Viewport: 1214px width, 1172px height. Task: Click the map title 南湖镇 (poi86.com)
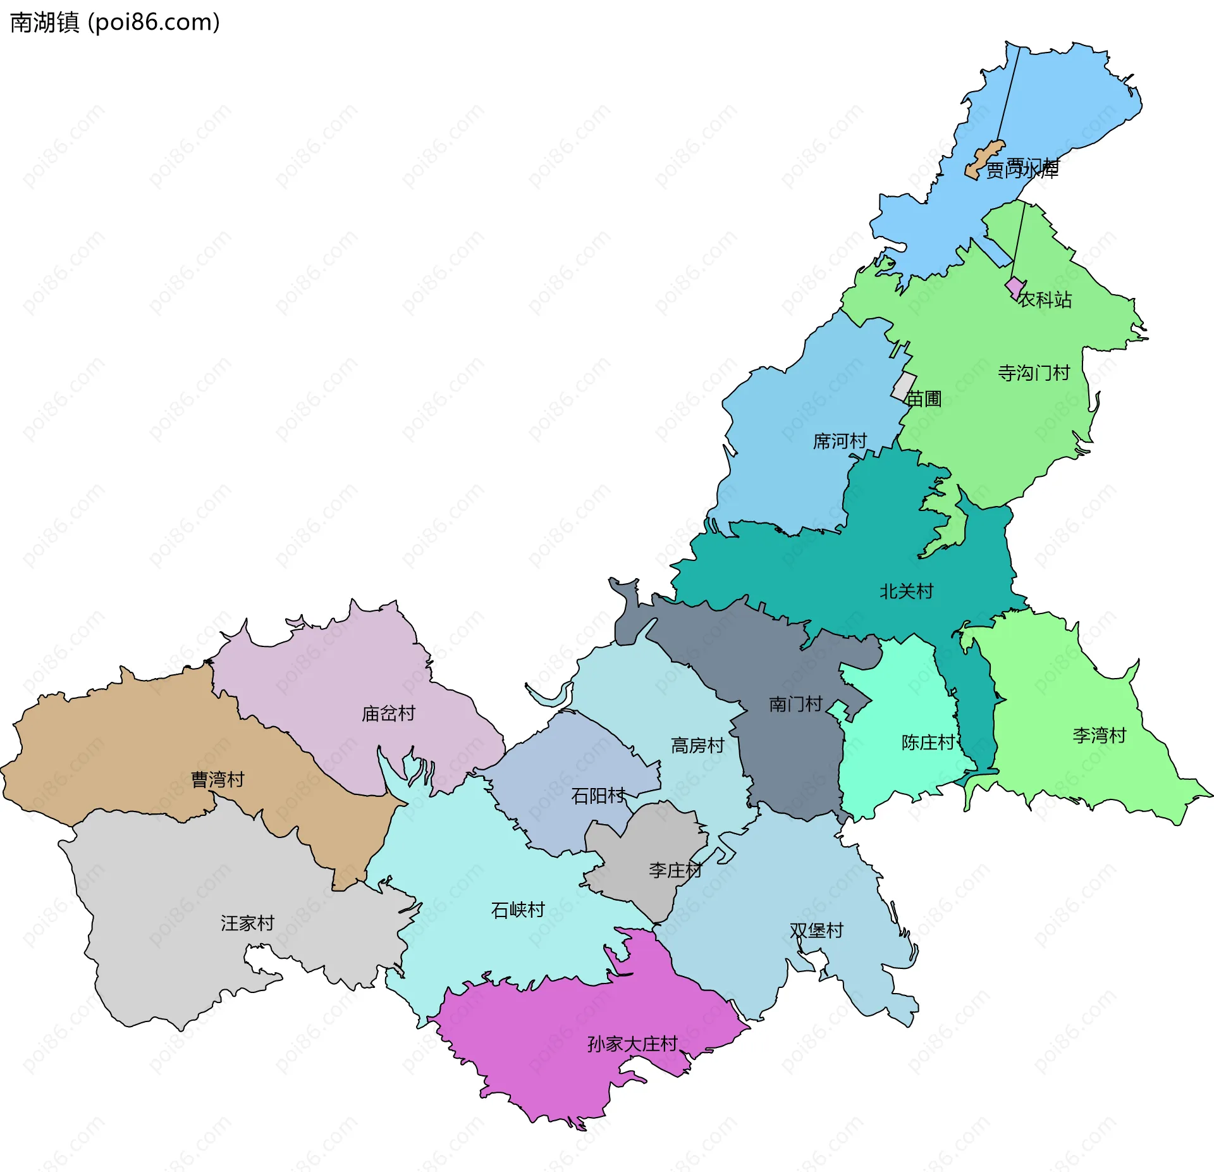(115, 23)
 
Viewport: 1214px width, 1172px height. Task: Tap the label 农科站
(1045, 300)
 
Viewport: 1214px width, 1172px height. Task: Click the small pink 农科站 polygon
(1014, 287)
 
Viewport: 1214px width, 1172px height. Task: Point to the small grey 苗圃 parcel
(904, 386)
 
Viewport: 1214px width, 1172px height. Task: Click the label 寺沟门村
(1034, 373)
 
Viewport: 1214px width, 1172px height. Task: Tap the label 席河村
(840, 441)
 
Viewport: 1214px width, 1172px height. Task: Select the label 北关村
(906, 591)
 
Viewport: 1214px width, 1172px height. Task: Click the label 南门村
(795, 704)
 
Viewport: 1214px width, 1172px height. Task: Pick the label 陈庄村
(928, 742)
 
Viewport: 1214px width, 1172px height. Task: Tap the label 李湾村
(1100, 735)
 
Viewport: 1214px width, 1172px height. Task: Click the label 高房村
(697, 745)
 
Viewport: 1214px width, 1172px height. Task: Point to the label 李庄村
(675, 870)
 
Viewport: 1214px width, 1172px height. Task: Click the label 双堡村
(816, 930)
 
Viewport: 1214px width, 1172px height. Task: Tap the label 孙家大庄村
(632, 1044)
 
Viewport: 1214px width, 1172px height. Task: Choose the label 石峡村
(518, 910)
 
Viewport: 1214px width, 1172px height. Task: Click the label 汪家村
(247, 923)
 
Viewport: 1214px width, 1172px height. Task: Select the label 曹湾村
(218, 779)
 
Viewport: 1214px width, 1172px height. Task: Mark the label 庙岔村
(388, 713)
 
